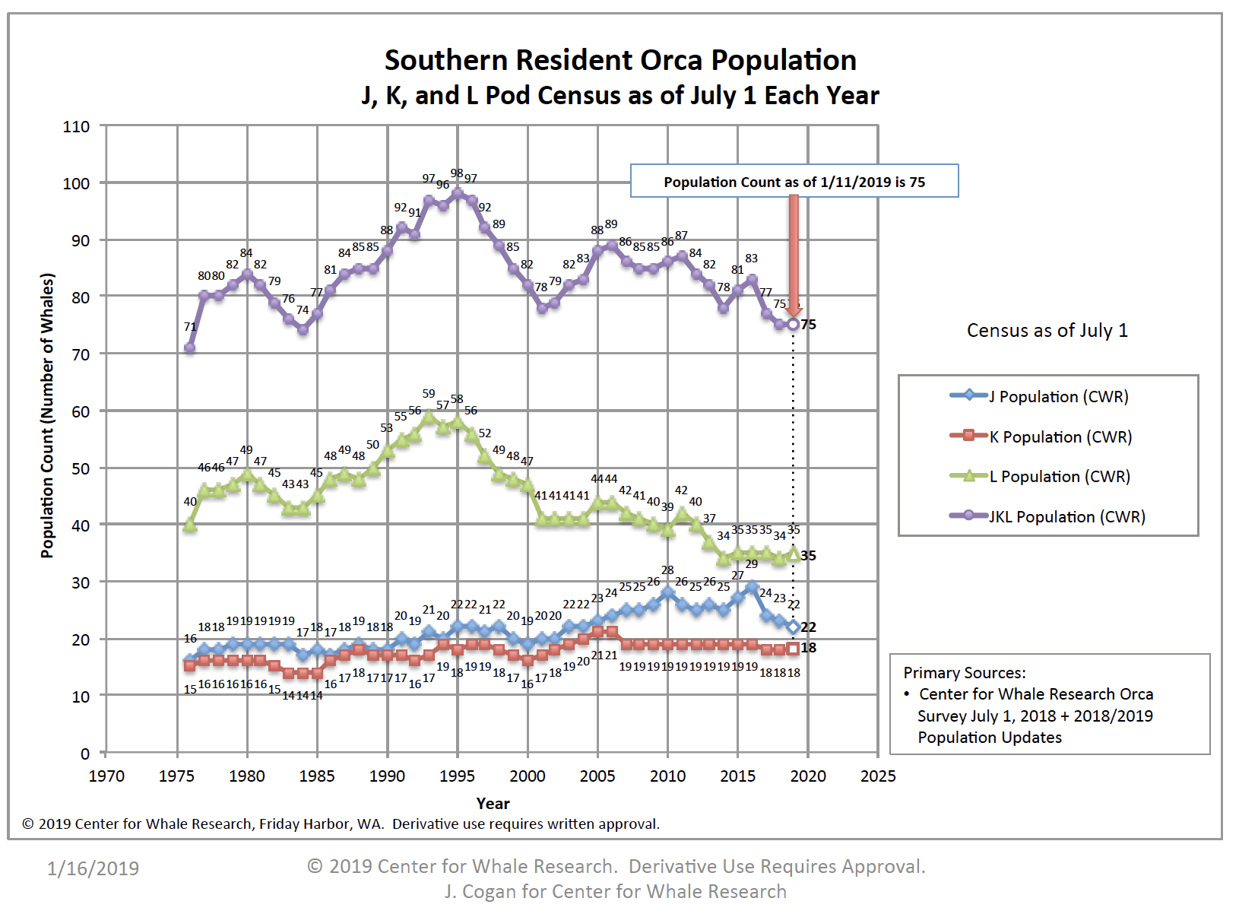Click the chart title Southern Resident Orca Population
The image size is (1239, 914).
pos(620,60)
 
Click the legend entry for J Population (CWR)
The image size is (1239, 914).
pos(1057,396)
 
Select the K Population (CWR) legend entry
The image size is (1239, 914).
pos(1060,436)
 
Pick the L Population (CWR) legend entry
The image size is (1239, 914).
pos(1059,477)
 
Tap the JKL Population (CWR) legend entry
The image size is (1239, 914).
pos(1066,517)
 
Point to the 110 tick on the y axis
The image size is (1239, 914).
pos(76,127)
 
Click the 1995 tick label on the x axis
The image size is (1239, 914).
pos(457,776)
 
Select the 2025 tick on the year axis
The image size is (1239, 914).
pos(878,776)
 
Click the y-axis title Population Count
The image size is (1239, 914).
pos(48,415)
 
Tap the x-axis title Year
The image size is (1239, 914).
pos(493,803)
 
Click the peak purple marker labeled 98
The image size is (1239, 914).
pos(458,193)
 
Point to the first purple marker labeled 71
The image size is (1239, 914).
pos(189,348)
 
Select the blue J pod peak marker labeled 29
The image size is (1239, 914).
pos(752,587)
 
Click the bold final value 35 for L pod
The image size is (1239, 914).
pos(809,556)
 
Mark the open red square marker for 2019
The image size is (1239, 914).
pos(793,649)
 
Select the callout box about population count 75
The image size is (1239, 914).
pos(794,182)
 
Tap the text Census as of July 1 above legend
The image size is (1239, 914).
pos(1047,330)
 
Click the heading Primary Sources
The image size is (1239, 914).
pos(964,673)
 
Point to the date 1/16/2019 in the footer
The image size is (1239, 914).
pos(93,868)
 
